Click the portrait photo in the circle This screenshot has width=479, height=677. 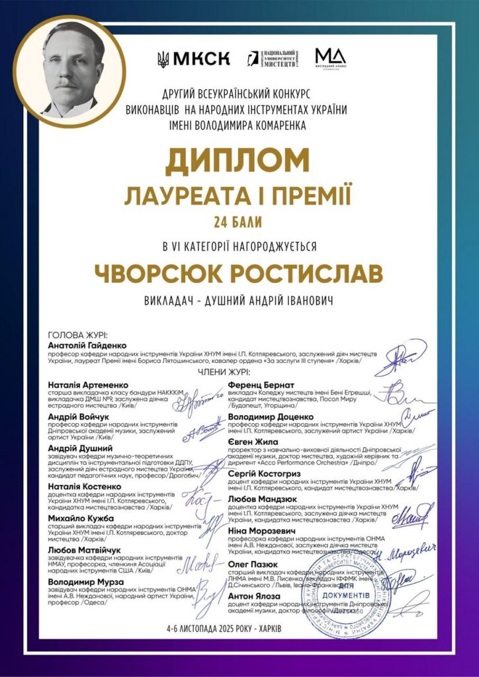pyautogui.click(x=69, y=70)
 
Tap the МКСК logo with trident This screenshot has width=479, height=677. pyautogui.click(x=193, y=59)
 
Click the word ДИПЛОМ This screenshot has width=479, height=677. pyautogui.click(x=238, y=161)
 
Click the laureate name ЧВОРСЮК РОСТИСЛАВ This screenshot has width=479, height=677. pyautogui.click(x=238, y=272)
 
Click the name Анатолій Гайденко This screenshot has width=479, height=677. pyautogui.click(x=87, y=345)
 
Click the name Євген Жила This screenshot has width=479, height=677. pyautogui.click(x=251, y=442)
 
